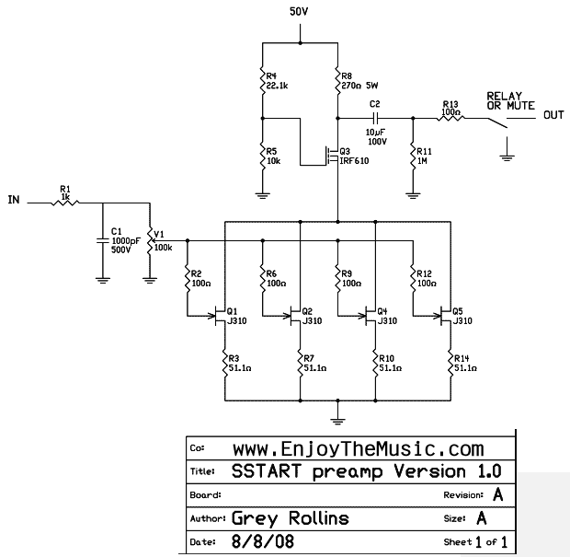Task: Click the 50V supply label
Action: (x=301, y=12)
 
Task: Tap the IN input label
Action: (x=13, y=199)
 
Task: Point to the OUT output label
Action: (x=553, y=115)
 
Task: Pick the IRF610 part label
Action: (x=354, y=161)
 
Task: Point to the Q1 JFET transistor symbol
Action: (x=222, y=317)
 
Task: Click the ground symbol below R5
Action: (x=263, y=192)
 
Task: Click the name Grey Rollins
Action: (x=291, y=518)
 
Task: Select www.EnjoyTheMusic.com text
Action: (x=358, y=448)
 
